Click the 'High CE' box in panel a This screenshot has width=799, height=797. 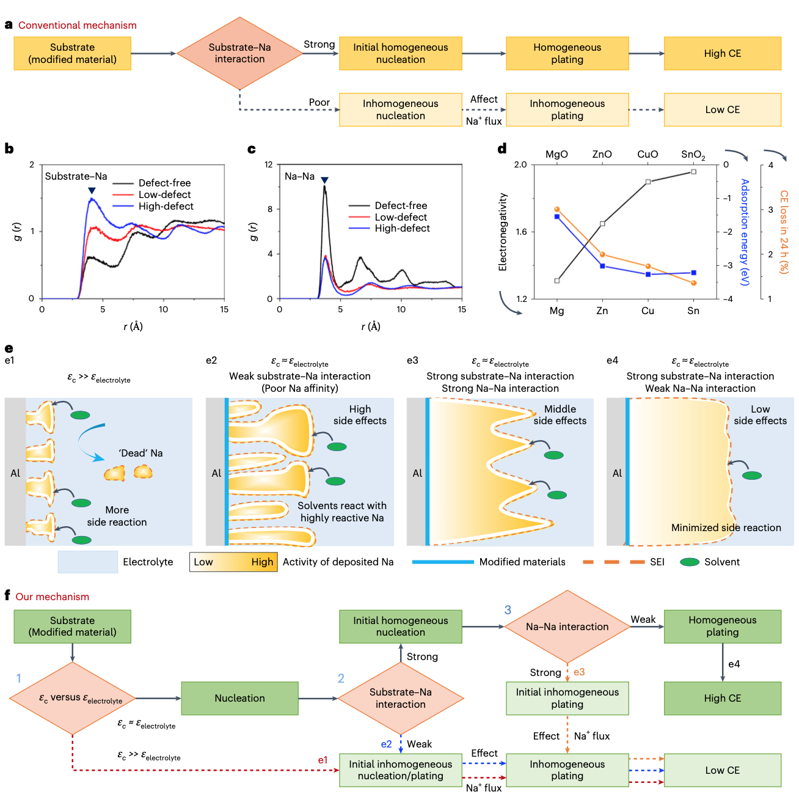[x=722, y=54]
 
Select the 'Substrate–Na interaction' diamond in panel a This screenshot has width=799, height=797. [x=239, y=53]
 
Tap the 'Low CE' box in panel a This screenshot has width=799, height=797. [x=722, y=110]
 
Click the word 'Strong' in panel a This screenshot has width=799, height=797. [x=319, y=45]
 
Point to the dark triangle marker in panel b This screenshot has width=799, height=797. [x=92, y=191]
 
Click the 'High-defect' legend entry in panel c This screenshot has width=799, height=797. [x=402, y=229]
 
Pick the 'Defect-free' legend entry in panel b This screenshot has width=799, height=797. [x=164, y=183]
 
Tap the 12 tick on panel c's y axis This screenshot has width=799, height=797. [x=269, y=165]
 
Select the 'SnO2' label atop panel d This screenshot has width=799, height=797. [x=693, y=155]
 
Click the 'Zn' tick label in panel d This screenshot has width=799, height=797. [x=602, y=311]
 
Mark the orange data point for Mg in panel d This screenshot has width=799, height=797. [x=557, y=210]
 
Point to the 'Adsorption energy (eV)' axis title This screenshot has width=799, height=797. [x=744, y=232]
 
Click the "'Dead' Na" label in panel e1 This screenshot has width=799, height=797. [x=141, y=454]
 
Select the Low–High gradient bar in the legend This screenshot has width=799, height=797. [x=233, y=562]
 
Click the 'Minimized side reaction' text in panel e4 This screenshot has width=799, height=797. [x=726, y=528]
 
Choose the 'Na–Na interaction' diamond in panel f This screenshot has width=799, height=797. [x=567, y=627]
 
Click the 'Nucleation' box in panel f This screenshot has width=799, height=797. [x=239, y=699]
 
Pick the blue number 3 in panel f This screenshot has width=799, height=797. [x=508, y=610]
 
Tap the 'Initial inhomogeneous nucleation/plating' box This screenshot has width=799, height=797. [x=401, y=770]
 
